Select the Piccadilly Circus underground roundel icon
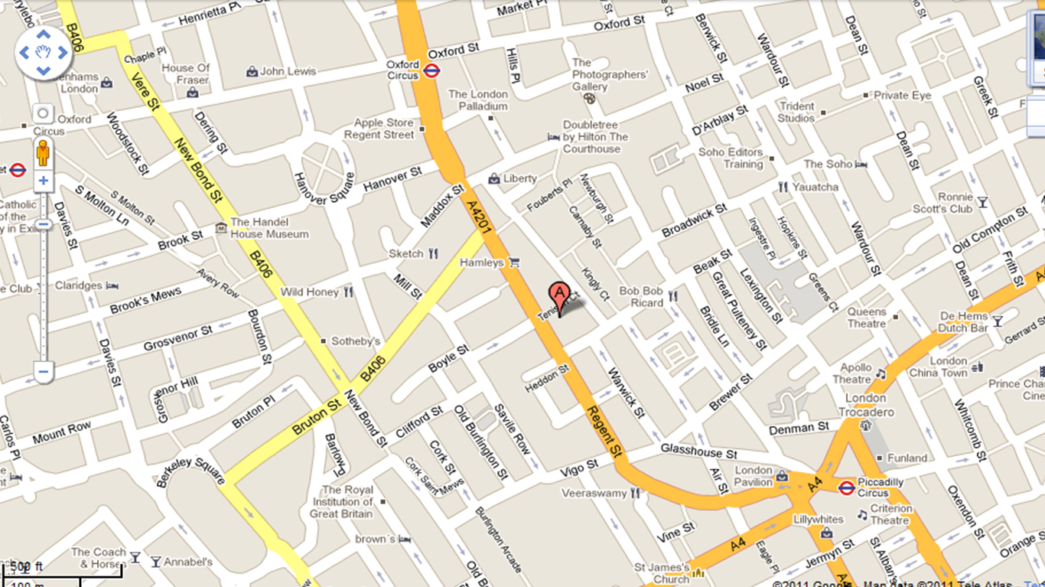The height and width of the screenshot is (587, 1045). click(x=845, y=488)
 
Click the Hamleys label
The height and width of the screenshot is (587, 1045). click(x=481, y=263)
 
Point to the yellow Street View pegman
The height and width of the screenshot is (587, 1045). click(x=43, y=152)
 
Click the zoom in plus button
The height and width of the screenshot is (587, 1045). click(x=43, y=181)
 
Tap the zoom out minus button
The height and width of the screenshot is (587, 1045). click(x=43, y=373)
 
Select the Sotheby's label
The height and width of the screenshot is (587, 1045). click(x=356, y=341)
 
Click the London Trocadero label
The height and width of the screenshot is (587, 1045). click(x=866, y=405)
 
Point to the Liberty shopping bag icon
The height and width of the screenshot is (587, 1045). click(x=494, y=178)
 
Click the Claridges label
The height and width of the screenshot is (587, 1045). click(x=78, y=285)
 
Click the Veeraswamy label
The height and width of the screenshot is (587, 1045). click(x=594, y=494)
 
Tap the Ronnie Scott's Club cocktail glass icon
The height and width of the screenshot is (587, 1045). click(x=983, y=203)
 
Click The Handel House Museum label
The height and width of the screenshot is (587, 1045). click(x=269, y=228)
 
